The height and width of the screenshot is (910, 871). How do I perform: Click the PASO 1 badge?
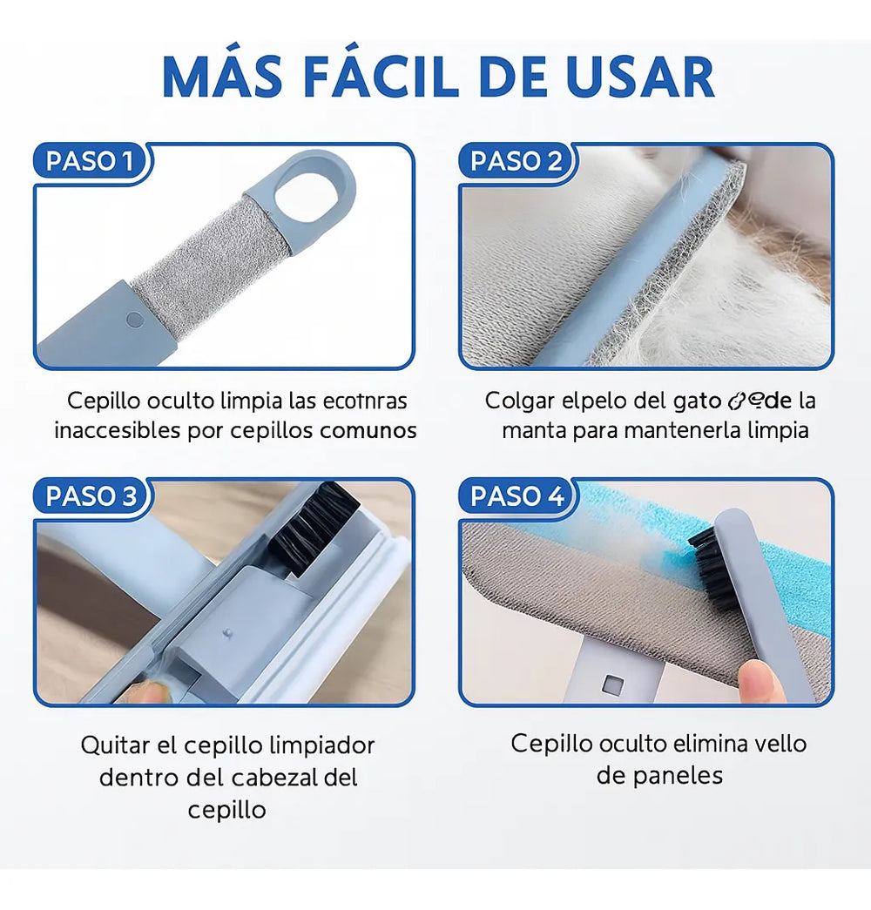(x=90, y=161)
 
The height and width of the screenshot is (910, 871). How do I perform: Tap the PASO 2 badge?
(x=517, y=161)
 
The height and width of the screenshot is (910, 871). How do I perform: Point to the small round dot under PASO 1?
(x=133, y=319)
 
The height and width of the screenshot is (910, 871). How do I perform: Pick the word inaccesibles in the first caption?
(x=116, y=430)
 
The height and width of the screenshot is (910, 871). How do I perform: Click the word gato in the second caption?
(x=698, y=401)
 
